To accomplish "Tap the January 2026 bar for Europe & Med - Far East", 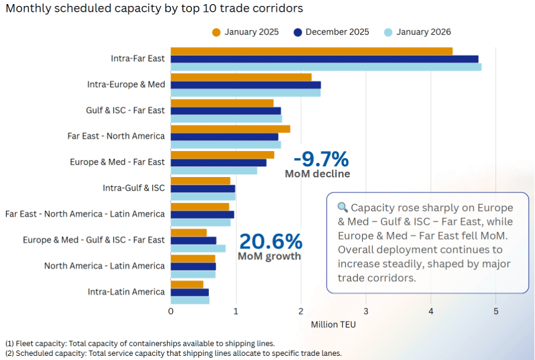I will [214, 171].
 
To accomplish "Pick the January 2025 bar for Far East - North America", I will [230, 129].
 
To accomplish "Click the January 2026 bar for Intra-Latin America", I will [190, 300].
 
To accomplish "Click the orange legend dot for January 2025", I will [217, 32].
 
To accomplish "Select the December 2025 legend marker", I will [298, 32].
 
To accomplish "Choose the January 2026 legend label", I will [424, 32].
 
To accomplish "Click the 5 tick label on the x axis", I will [496, 311].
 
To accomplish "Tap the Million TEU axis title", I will [333, 324].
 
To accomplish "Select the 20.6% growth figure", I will [270, 242].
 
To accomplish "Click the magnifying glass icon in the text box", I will [343, 208].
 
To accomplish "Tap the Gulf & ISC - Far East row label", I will [125, 110].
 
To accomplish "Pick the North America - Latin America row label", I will [104, 266].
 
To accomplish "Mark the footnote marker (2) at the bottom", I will [9, 353].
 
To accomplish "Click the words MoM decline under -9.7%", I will [317, 174].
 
